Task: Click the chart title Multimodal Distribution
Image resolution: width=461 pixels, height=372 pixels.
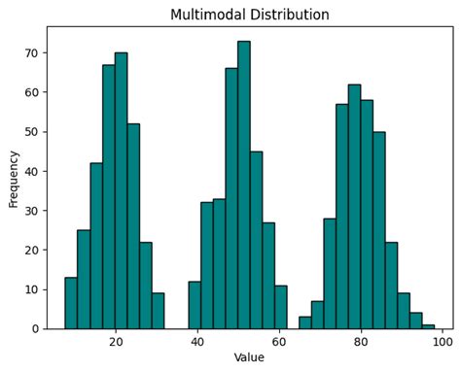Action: click(x=249, y=15)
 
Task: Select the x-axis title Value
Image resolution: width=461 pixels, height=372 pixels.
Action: click(x=249, y=357)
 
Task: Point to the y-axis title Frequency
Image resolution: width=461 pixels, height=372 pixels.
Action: click(x=14, y=177)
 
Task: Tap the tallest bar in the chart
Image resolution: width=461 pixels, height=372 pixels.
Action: click(x=244, y=185)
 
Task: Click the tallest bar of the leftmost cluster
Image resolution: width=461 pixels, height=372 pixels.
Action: click(x=121, y=190)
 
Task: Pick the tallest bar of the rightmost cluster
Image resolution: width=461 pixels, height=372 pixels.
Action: click(x=354, y=206)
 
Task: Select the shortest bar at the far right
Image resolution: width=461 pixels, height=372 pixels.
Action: click(x=428, y=326)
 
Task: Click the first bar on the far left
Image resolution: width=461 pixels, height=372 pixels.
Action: click(x=71, y=303)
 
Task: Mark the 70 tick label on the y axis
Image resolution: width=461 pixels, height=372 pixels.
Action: click(x=32, y=53)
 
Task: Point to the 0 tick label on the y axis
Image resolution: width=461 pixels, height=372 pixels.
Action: click(x=36, y=329)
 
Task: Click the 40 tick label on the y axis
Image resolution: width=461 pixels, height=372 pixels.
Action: click(x=32, y=172)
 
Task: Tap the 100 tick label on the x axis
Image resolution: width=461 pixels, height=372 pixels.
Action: click(x=443, y=341)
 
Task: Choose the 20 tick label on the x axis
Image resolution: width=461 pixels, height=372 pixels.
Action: click(x=116, y=341)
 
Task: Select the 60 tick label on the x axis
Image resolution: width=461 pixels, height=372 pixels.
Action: click(x=279, y=341)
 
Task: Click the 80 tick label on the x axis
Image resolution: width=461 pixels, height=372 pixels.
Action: click(x=361, y=341)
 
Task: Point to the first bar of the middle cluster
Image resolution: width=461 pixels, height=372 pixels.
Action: click(x=195, y=305)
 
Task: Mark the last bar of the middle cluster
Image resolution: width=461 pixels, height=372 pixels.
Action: click(x=281, y=307)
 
